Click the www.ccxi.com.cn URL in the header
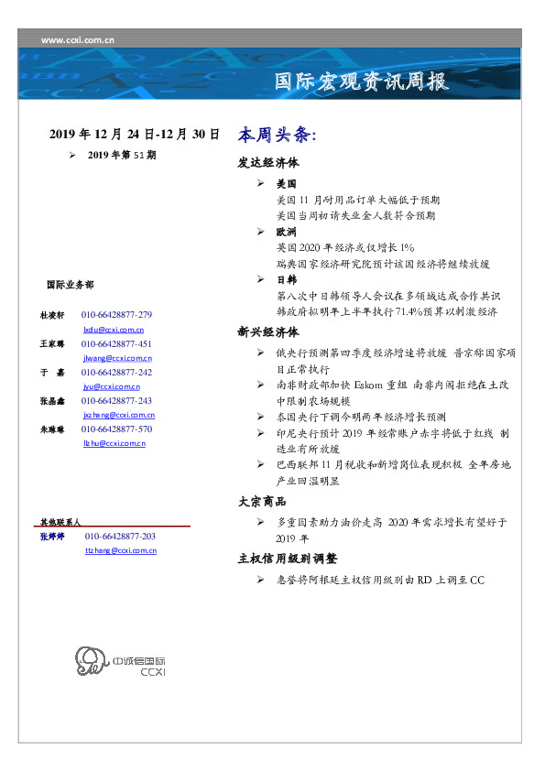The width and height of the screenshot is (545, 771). click(78, 39)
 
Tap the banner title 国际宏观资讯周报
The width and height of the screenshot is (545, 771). click(362, 81)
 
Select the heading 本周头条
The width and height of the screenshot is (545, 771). click(276, 135)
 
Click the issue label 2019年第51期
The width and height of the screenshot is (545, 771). click(122, 156)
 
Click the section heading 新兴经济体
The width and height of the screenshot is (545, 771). click(268, 332)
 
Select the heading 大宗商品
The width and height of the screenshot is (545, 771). click(262, 502)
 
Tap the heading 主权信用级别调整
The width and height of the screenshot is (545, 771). click(288, 558)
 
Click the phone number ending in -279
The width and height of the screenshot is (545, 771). click(116, 314)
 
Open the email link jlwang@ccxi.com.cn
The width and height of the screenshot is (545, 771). click(117, 358)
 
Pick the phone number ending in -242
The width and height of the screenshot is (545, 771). click(116, 373)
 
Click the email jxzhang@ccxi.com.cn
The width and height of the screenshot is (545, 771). click(118, 415)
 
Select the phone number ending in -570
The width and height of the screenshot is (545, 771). click(116, 429)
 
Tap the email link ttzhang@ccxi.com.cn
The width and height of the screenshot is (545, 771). click(120, 550)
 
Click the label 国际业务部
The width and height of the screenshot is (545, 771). click(70, 285)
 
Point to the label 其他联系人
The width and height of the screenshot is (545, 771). click(60, 521)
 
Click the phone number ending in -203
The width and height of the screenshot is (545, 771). click(120, 536)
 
